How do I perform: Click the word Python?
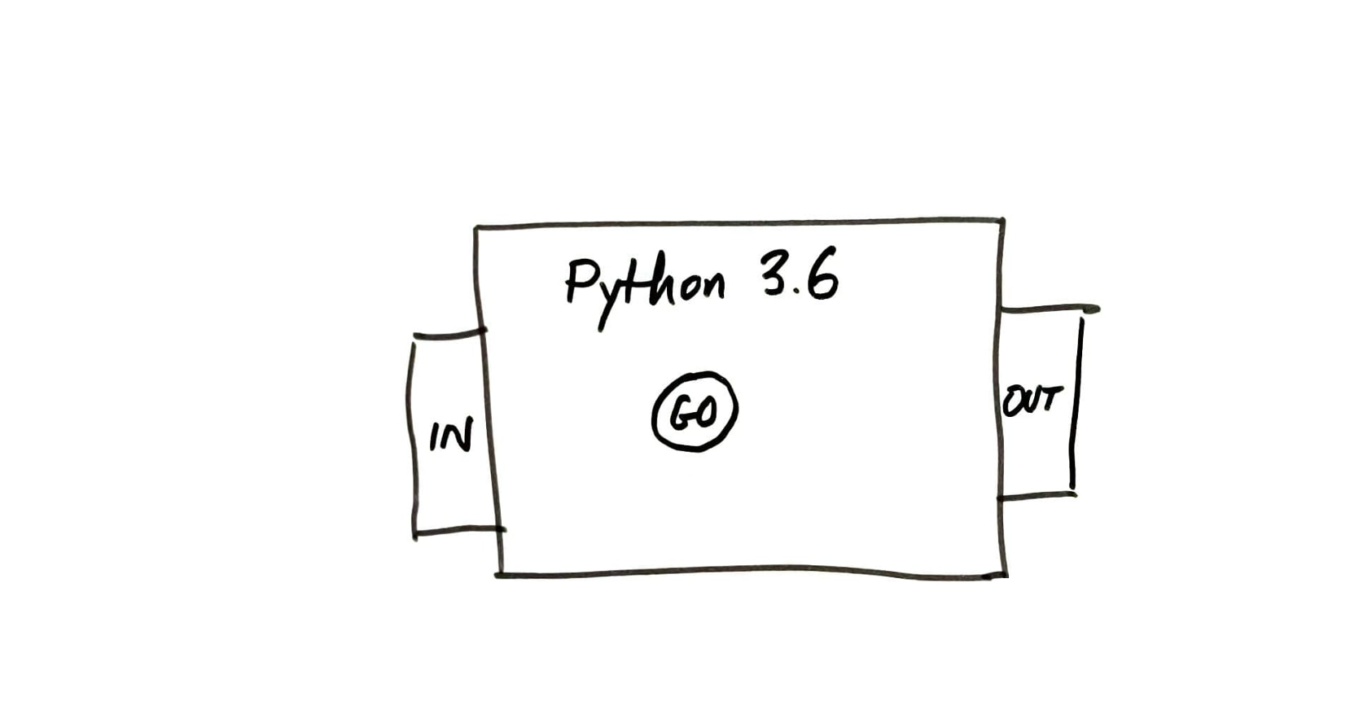tap(645, 292)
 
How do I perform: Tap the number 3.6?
tap(800, 274)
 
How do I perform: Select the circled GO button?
tap(695, 411)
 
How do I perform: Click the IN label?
tap(451, 436)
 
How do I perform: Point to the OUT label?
tap(1029, 400)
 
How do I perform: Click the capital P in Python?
tap(580, 280)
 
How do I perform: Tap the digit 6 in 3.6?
tap(822, 274)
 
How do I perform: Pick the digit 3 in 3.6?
tap(774, 274)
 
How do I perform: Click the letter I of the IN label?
tap(436, 436)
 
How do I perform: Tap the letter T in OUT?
tap(1048, 399)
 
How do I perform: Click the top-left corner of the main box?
tap(476, 228)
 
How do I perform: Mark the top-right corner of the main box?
tap(1002, 220)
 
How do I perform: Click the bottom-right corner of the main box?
tap(1006, 575)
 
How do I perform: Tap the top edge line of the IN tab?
tap(450, 334)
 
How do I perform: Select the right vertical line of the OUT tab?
tap(1076, 403)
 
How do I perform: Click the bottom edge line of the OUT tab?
tap(1037, 496)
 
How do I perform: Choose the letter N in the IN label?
tap(459, 435)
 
